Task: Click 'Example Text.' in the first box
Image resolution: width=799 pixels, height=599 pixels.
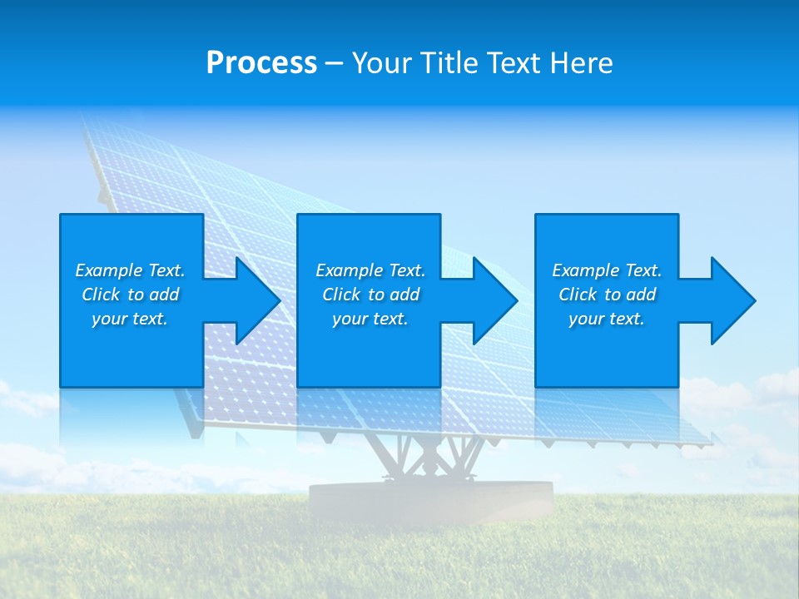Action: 130,270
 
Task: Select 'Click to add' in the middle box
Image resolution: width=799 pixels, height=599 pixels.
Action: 370,295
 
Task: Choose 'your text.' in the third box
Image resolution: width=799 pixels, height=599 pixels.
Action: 606,319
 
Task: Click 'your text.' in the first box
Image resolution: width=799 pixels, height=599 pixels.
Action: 130,319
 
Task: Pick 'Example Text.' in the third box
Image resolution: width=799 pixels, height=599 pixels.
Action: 606,270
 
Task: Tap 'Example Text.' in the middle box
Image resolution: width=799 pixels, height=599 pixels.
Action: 370,270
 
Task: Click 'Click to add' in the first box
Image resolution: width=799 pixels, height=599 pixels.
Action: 130,295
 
